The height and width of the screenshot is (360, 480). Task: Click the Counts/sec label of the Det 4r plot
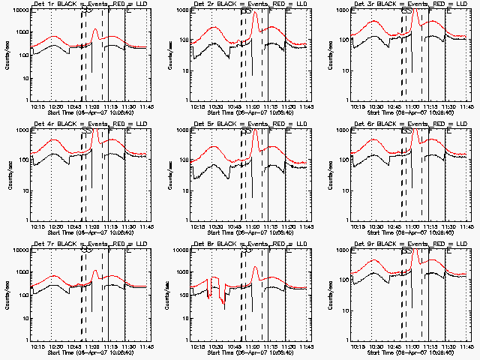click(x=10, y=174)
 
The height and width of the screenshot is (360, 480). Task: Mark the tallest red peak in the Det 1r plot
click(x=95, y=30)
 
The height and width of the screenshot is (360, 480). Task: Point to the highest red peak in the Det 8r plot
click(x=256, y=267)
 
